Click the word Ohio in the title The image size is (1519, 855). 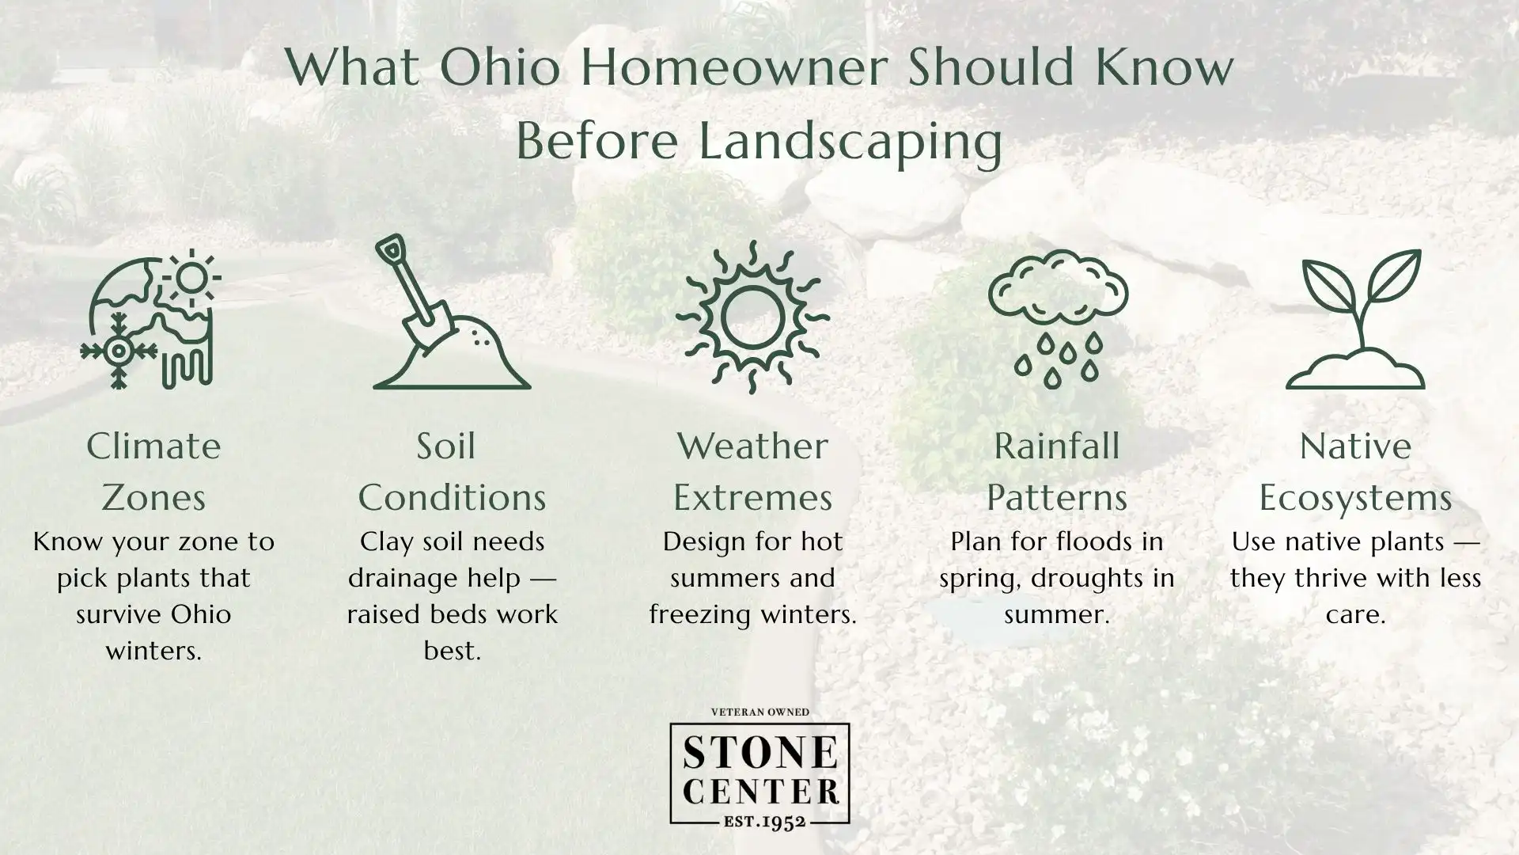500,68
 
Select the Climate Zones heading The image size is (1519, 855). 153,472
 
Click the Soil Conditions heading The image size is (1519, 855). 452,472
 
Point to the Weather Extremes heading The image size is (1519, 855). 752,472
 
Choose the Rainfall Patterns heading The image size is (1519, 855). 1056,472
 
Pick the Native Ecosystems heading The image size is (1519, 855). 1355,472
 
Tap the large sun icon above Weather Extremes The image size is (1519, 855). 752,317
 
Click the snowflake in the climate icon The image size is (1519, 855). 119,350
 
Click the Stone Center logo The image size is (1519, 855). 759,772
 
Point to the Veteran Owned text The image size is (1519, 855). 759,712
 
